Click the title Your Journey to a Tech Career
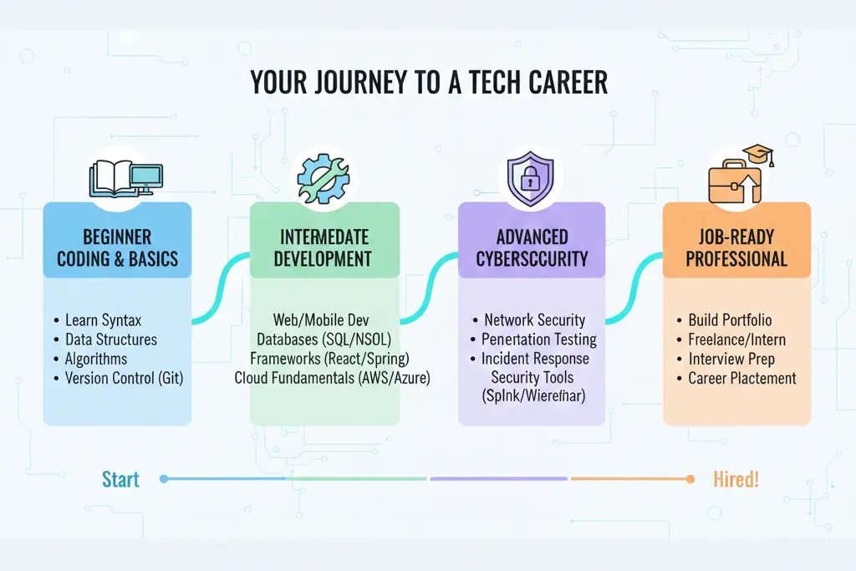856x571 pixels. click(x=428, y=82)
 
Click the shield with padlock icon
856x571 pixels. click(x=531, y=178)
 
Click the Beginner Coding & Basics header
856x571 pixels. click(x=117, y=247)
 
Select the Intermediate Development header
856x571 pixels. click(x=324, y=247)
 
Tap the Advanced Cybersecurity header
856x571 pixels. click(x=532, y=247)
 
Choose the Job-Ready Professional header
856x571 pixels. click(x=736, y=247)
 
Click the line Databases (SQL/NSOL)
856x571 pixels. click(x=324, y=339)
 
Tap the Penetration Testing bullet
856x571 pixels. click(x=538, y=339)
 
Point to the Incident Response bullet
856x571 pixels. click(x=535, y=359)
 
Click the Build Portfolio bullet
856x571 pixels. click(x=729, y=320)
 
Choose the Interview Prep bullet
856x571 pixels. click(x=731, y=359)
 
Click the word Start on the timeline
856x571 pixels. click(x=120, y=479)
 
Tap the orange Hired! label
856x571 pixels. click(x=736, y=479)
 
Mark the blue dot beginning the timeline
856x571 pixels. click(x=164, y=479)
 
